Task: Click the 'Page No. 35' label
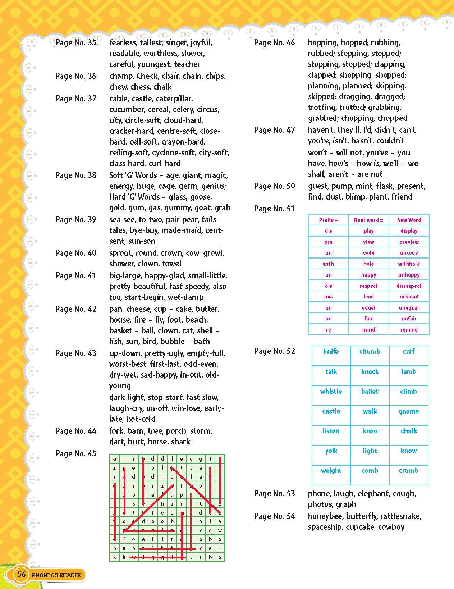coord(76,43)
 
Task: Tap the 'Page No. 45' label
coord(76,453)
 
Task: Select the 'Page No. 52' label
coord(275,351)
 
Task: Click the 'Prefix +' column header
coord(328,220)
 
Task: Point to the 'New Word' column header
coord(409,220)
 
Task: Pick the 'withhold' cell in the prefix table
coord(409,264)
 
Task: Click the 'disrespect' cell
coord(409,286)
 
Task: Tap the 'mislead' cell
coord(409,297)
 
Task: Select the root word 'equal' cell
coord(368,308)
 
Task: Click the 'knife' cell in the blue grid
coord(331,352)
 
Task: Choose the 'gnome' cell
coord(409,411)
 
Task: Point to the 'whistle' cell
coord(331,392)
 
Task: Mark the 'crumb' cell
coord(409,471)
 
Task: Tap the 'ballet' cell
coord(370,392)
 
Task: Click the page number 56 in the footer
coord(22,574)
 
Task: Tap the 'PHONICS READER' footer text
coord(56,575)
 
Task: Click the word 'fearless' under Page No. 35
coord(123,43)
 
